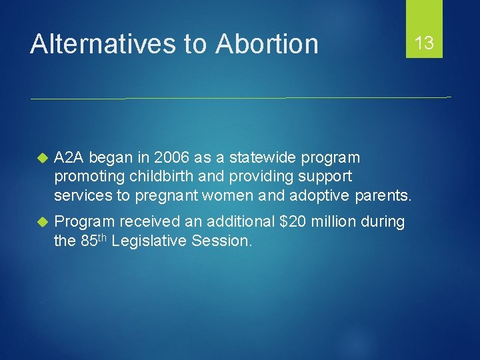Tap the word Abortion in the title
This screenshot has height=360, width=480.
(x=267, y=44)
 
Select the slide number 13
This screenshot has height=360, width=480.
(x=424, y=44)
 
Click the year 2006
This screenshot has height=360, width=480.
(x=171, y=158)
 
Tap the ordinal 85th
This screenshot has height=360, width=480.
(x=94, y=241)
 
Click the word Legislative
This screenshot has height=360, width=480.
(x=151, y=241)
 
